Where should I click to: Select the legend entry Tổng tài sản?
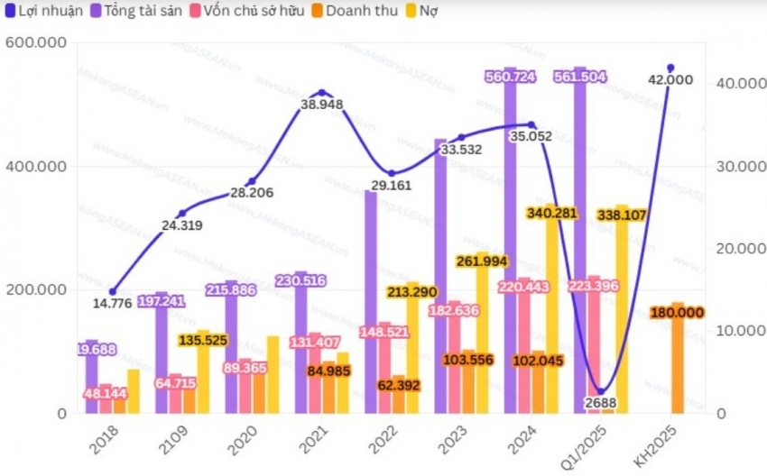coord(141,12)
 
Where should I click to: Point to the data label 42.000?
coord(671,80)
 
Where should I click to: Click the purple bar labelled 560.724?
coord(511,243)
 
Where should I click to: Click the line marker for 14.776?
coord(113,291)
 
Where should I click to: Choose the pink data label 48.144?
coord(106,394)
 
